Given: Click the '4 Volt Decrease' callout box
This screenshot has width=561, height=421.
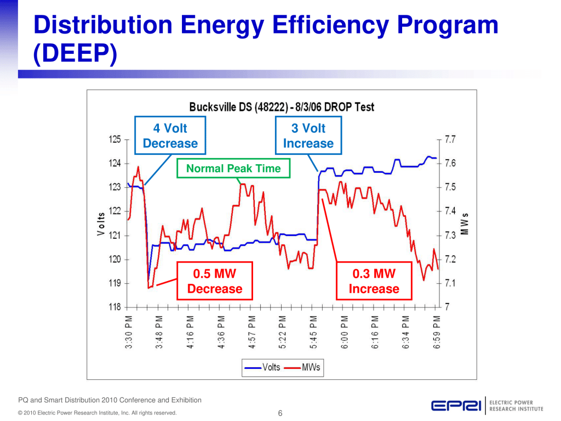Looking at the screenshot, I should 170,136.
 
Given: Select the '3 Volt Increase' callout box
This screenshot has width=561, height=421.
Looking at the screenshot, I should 308,136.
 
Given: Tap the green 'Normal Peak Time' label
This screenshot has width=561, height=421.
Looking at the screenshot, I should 233,169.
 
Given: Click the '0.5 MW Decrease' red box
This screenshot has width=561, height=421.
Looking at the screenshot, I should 214,281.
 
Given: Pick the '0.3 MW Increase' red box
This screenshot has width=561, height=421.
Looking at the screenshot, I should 374,281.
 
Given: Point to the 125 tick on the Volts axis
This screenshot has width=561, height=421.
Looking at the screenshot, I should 115,139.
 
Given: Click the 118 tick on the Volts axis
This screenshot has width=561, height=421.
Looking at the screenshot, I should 115,307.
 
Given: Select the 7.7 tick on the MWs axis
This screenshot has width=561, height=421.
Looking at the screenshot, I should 451,139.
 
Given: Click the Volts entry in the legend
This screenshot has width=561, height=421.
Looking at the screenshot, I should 262,367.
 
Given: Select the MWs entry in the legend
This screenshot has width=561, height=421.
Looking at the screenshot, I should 304,367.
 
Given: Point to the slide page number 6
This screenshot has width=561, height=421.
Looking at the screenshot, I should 280,413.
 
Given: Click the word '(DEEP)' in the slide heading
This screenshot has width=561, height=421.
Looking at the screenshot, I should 75,55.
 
